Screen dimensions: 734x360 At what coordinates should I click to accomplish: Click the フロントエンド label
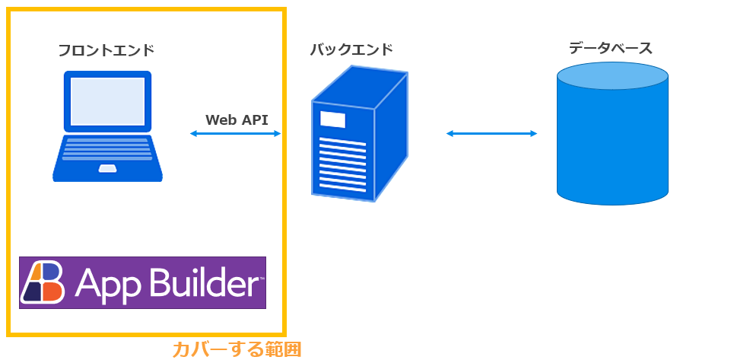point(106,50)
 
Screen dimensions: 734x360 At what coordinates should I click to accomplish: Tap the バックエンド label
point(351,49)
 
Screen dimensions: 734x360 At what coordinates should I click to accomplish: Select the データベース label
point(611,48)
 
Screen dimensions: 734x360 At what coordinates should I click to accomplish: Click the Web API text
point(237,119)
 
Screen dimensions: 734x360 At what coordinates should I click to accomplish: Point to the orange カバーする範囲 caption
point(237,349)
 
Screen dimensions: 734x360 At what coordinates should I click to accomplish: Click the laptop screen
point(107,101)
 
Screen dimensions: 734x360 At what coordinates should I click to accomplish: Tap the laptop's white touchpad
point(108,168)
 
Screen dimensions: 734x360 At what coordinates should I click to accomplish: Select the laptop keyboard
point(108,149)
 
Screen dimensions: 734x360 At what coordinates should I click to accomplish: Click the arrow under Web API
point(235,134)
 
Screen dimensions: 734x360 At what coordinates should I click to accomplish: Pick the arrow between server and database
point(491,134)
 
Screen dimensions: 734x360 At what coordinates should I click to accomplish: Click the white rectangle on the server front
point(332,119)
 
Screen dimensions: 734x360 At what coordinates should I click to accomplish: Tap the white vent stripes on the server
point(343,164)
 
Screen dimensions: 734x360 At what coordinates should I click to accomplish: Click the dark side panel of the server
point(392,135)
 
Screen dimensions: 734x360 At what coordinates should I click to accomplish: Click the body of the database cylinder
point(612,145)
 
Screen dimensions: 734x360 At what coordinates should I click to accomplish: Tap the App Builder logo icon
point(43,282)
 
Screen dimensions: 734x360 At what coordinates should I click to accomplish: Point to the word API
point(255,119)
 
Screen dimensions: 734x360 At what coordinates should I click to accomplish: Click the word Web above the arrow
point(221,119)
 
